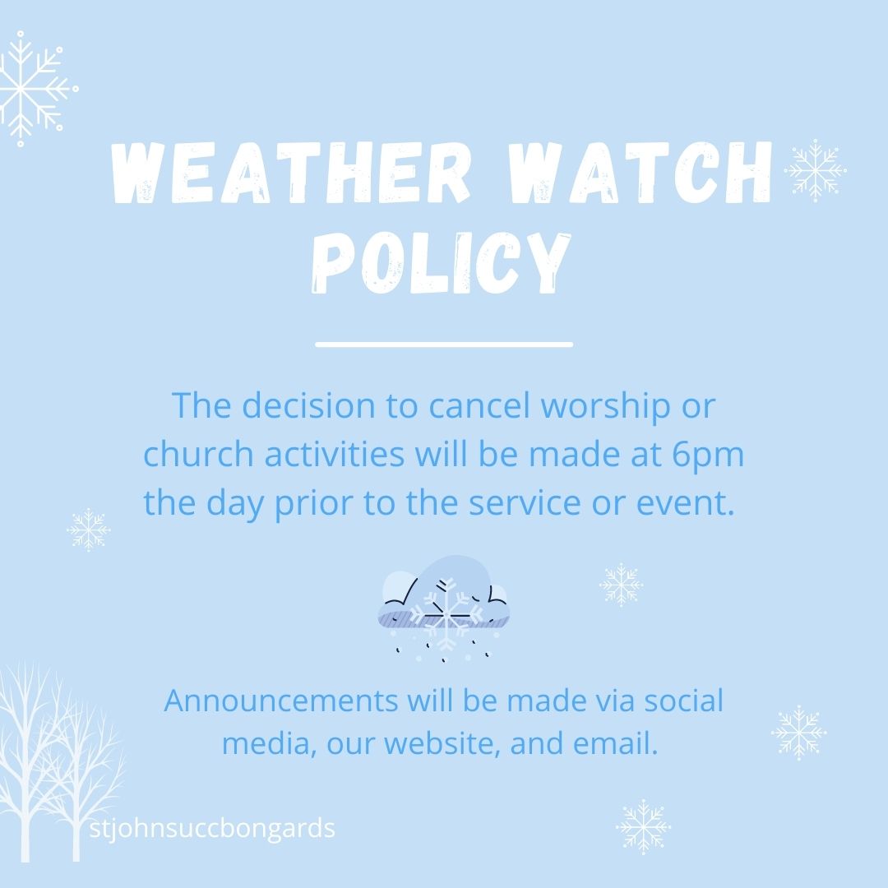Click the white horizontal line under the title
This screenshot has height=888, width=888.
coord(443,345)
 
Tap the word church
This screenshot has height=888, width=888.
coord(193,455)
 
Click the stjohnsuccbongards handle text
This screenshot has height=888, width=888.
coord(214,827)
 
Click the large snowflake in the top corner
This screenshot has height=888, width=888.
coord(37,89)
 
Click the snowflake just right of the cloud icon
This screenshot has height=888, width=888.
coord(621,585)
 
